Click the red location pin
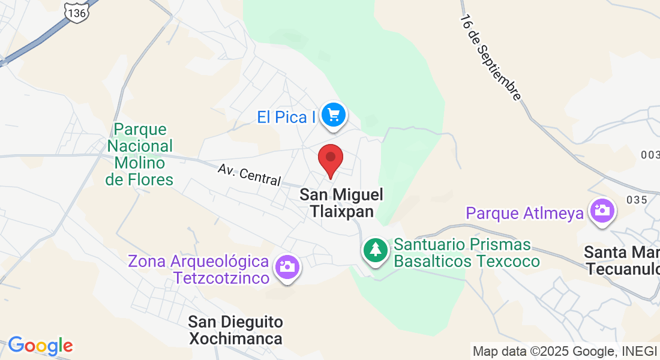coord(330,159)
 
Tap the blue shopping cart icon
coord(333,115)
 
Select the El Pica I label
coord(286,117)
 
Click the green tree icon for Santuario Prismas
coord(376,249)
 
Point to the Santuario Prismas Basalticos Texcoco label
coord(467,253)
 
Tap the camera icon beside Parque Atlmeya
coord(601,211)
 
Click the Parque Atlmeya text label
coord(525,213)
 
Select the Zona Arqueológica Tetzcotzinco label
coord(198,270)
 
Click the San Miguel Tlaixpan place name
coord(341,203)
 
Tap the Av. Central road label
coord(250,175)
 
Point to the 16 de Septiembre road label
coord(490,57)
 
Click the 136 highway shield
coord(77,11)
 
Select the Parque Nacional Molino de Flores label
coord(139,154)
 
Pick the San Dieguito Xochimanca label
coord(235,331)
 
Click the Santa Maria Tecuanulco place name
coord(622,260)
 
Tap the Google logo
coord(40,346)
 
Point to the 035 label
coord(636,200)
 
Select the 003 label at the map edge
coord(650,155)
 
